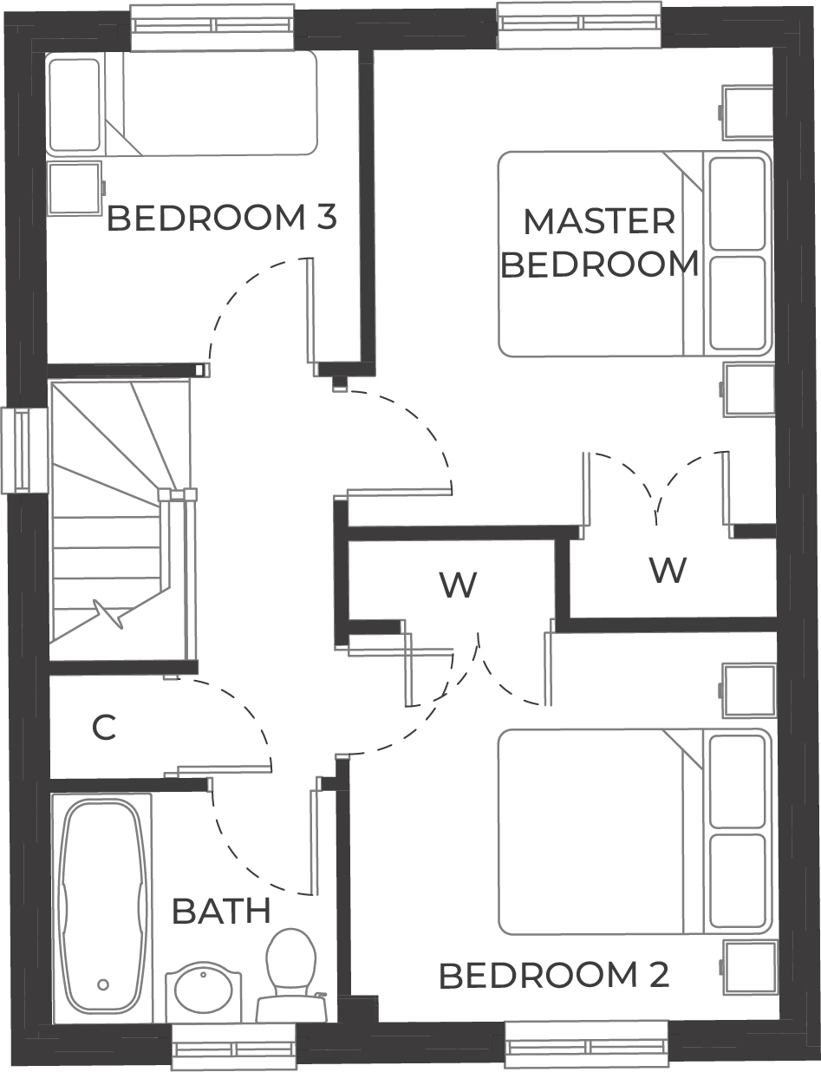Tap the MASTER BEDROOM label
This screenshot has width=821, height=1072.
coord(600,243)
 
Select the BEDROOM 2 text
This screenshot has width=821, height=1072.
coord(554,976)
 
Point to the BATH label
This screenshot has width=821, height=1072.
coord(221,912)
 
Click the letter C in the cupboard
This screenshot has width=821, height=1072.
coord(104,729)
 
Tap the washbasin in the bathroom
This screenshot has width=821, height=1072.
coord(204,989)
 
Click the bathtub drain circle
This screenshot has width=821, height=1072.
coord(103,984)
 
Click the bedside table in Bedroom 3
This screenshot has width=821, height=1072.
coord(75,187)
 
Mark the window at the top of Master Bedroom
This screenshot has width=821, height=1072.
coord(579,24)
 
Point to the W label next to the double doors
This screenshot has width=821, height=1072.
coord(668,570)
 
